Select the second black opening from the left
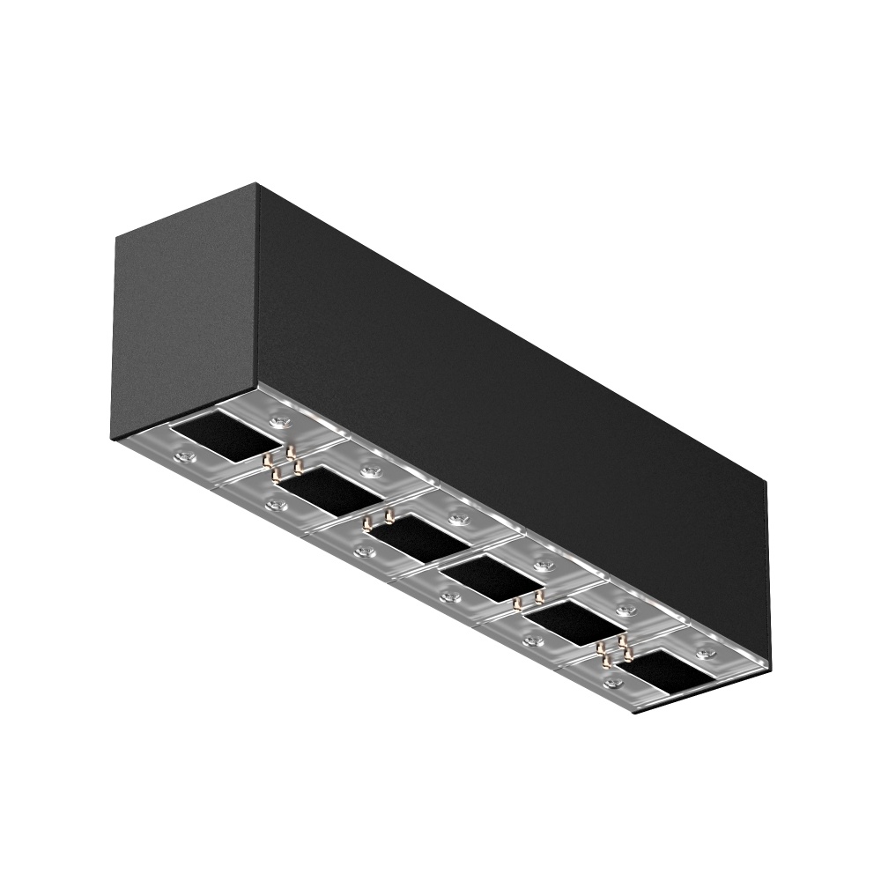pos(318,487)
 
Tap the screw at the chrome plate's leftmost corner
pos(184,456)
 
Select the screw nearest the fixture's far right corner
pos(705,653)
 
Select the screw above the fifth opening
pos(626,611)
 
